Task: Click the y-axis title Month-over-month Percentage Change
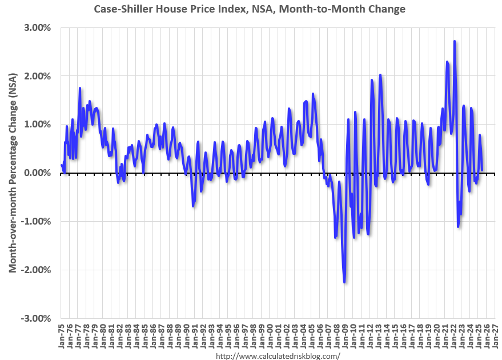(x=12, y=173)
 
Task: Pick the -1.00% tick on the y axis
(x=37, y=222)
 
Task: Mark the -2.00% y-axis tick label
(x=37, y=270)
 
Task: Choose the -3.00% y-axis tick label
(x=37, y=318)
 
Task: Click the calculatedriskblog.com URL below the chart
(x=278, y=355)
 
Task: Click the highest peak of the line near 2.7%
(x=454, y=41)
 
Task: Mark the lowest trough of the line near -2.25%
(x=344, y=282)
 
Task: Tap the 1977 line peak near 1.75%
(x=80, y=88)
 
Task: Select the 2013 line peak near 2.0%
(x=380, y=75)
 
